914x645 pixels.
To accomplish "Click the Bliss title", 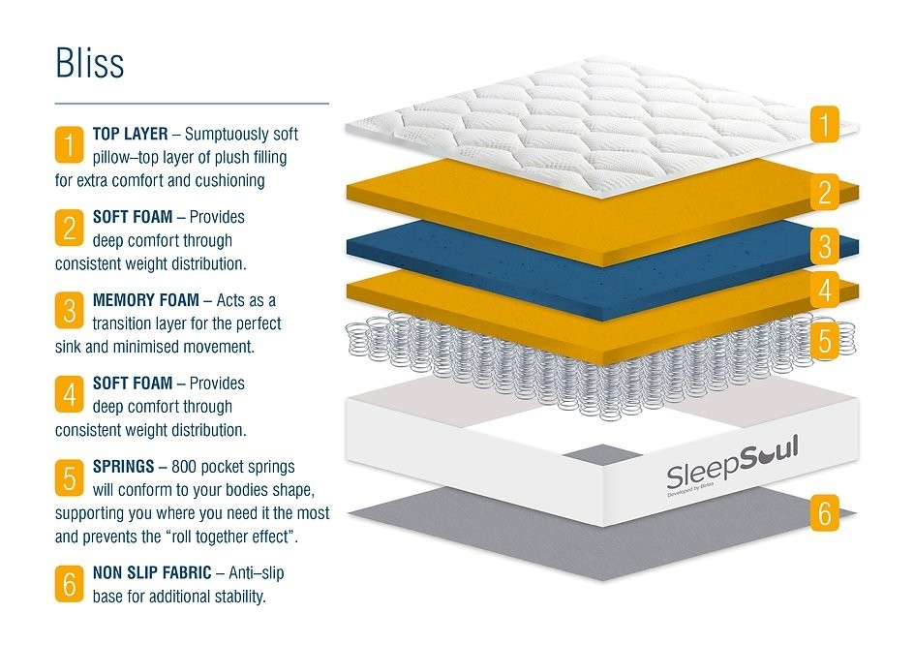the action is pos(90,62).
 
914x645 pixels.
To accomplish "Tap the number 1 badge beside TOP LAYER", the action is pos(70,144).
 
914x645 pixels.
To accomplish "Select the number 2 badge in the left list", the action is pos(70,228).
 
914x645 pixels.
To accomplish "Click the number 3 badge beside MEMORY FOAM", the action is pos(70,311).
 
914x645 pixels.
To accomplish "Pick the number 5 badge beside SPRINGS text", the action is pos(70,478).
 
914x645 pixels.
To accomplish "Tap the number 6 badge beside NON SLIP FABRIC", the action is pos(70,584).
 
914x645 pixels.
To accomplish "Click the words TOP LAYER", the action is pos(130,134).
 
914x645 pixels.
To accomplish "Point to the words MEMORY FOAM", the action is pos(146,300).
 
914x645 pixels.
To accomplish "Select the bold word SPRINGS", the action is pos(124,467).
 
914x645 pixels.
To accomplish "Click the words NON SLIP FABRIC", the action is pos(152,572).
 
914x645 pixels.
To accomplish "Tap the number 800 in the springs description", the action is pos(184,467).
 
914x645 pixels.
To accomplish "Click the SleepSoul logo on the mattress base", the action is pos(732,464).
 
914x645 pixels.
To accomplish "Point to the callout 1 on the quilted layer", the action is pos(824,124).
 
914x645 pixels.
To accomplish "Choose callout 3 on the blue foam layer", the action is pos(824,246).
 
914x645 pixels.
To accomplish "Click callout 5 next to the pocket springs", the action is pos(824,340).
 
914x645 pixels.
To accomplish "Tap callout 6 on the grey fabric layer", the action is pos(824,513).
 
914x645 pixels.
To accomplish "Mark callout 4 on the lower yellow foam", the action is pos(824,290).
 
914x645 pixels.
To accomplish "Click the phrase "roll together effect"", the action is pos(231,537).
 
